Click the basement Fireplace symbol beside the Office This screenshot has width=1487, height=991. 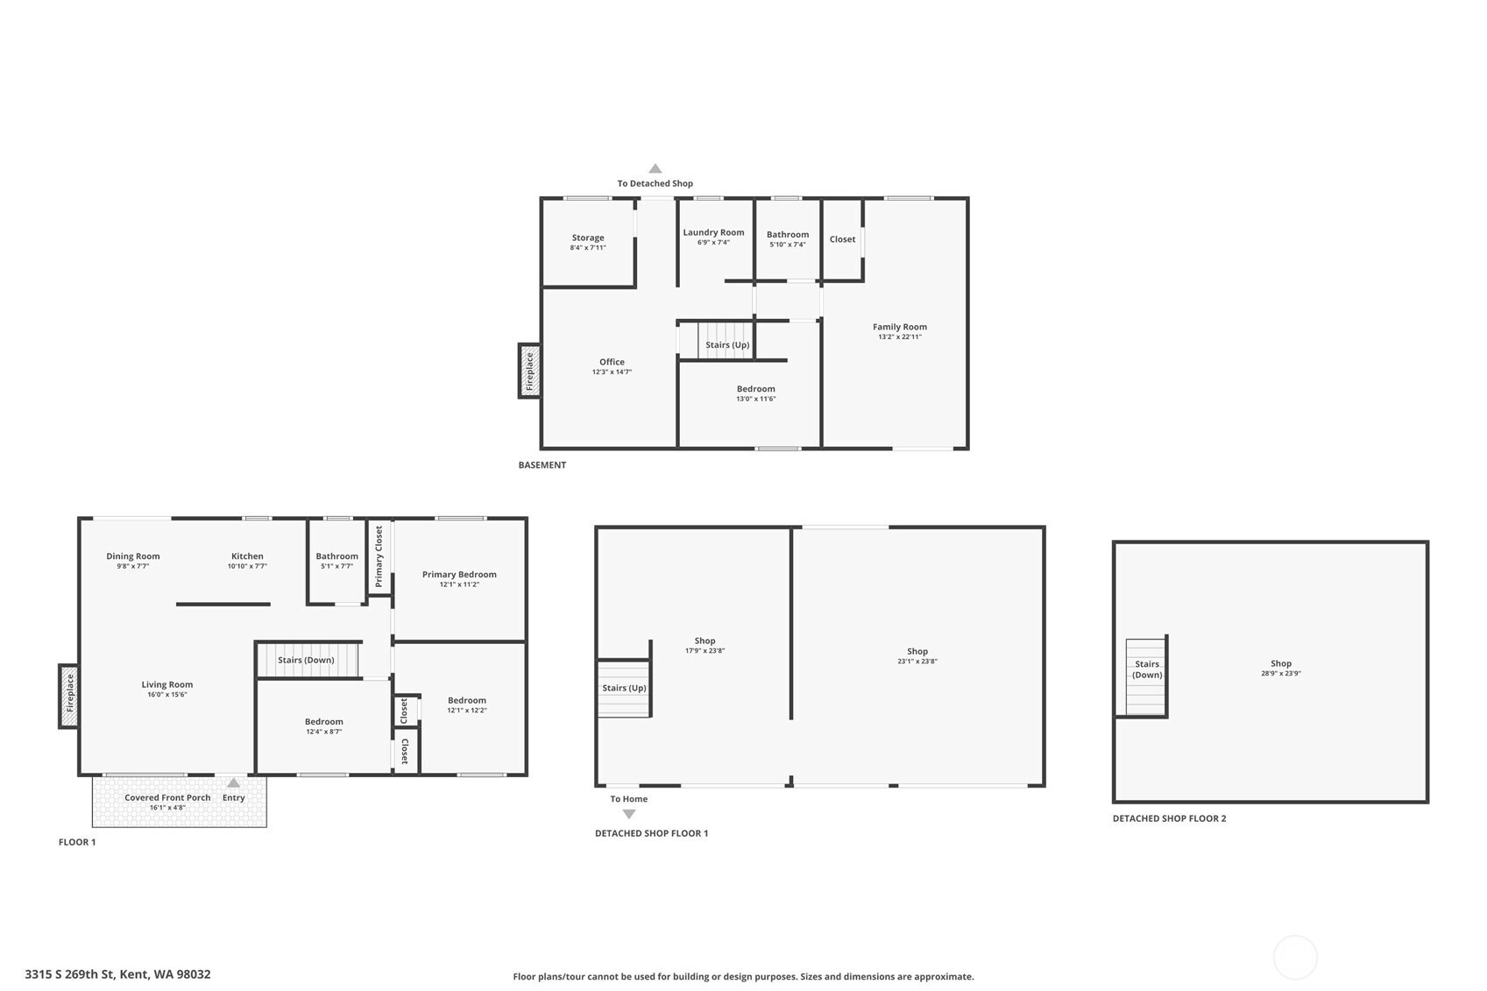coord(529,371)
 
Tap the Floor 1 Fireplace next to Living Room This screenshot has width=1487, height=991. coord(68,697)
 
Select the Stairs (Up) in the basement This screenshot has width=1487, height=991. coord(726,341)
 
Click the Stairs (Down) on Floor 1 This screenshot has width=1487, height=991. coord(308,660)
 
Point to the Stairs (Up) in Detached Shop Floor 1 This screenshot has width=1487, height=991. coord(623,689)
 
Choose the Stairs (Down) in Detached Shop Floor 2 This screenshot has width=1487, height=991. coord(1146,677)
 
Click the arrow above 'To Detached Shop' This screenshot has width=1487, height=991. coord(655,168)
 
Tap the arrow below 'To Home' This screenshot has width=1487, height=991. coord(629,814)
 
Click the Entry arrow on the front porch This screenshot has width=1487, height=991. coord(234,782)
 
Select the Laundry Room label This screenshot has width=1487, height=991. coord(713,232)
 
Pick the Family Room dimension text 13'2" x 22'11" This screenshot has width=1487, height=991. coord(900,336)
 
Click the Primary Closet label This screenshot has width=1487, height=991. coord(379,556)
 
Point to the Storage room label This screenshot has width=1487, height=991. coord(588,237)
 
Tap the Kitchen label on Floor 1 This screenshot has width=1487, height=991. coord(247,556)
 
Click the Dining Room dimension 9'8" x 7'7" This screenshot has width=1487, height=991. coord(133,566)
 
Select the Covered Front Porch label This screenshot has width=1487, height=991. coord(167,798)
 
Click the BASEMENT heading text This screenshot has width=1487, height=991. coord(542,464)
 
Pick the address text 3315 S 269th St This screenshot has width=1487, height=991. coord(70,974)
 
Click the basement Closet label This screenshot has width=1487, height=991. coord(842,239)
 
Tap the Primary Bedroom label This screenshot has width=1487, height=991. coord(459,574)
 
